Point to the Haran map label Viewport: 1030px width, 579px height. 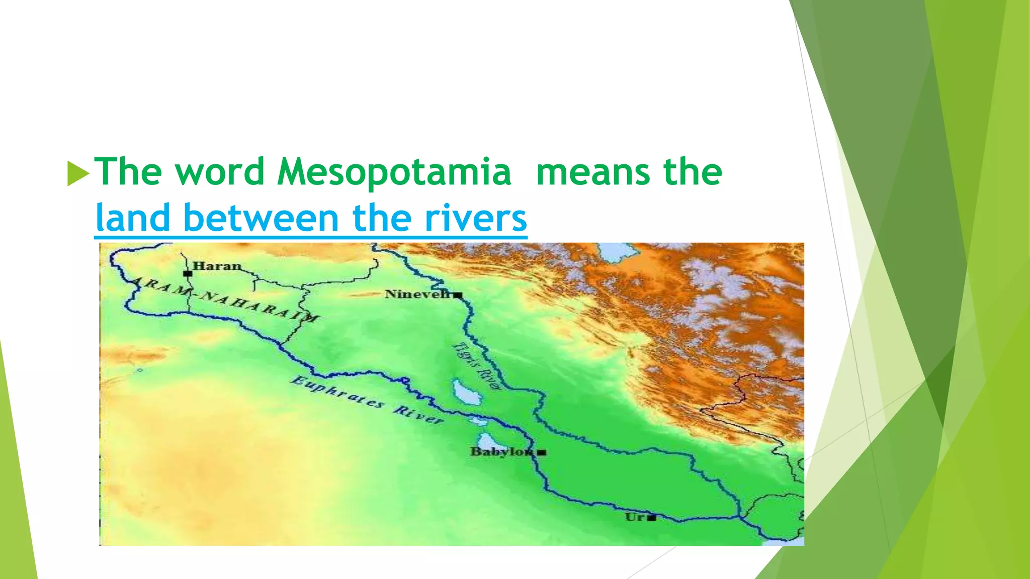[x=217, y=266]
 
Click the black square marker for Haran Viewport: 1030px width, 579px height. [x=188, y=274]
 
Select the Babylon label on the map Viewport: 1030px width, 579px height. [x=500, y=451]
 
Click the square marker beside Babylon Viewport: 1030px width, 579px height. [x=541, y=452]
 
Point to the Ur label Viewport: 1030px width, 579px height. [x=635, y=517]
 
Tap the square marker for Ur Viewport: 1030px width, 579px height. [x=652, y=518]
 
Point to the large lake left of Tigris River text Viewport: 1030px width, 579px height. [x=467, y=393]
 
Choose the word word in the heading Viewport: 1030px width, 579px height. [x=220, y=172]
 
